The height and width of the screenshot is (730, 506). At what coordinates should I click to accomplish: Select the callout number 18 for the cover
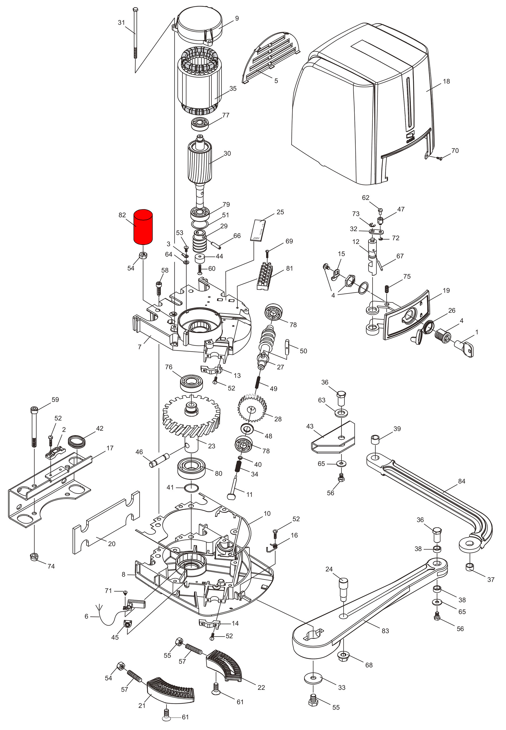click(446, 81)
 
